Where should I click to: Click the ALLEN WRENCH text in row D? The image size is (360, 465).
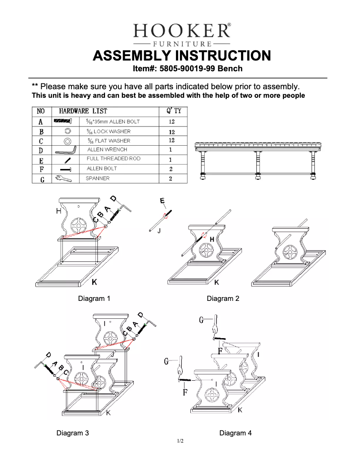pyautogui.click(x=107, y=149)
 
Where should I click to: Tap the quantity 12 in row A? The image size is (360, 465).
pyautogui.click(x=171, y=122)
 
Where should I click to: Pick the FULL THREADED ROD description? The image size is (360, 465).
pyautogui.click(x=113, y=159)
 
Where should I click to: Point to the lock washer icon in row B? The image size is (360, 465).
pyautogui.click(x=68, y=131)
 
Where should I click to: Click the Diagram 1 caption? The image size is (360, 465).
pyautogui.click(x=94, y=298)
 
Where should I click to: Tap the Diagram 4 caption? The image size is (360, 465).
pyautogui.click(x=236, y=433)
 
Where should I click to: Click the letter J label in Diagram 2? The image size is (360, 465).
pyautogui.click(x=159, y=231)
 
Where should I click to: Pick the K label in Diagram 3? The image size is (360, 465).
pyautogui.click(x=108, y=413)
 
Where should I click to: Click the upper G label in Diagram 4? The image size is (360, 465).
pyautogui.click(x=202, y=320)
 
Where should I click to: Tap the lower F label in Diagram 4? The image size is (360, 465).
pyautogui.click(x=185, y=392)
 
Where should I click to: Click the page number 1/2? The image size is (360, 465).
pyautogui.click(x=180, y=441)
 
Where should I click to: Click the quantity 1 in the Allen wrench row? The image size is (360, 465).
pyautogui.click(x=171, y=150)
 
